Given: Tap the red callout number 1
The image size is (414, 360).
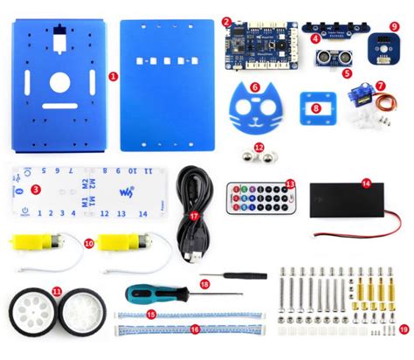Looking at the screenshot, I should pos(114,76).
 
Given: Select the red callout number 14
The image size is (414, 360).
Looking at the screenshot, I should pos(366,183).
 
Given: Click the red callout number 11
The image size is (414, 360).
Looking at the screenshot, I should pos(57,288).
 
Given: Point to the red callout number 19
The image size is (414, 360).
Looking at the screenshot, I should pos(404,329).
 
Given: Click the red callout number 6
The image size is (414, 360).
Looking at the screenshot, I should pos(254,87).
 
